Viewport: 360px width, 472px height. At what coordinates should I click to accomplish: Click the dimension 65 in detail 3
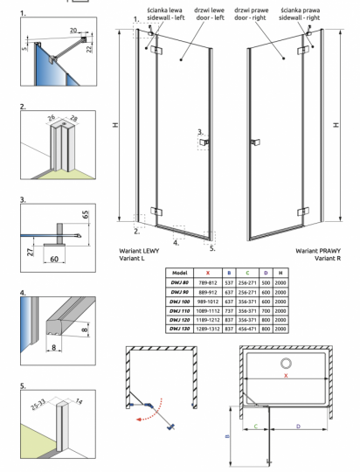[85, 212]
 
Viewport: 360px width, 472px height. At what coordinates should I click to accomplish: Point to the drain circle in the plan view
[285, 364]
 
